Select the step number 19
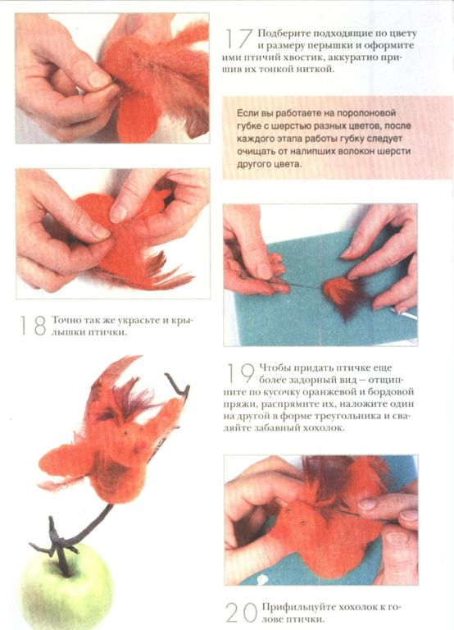[240, 373]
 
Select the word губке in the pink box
[249, 126]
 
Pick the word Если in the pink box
[247, 113]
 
